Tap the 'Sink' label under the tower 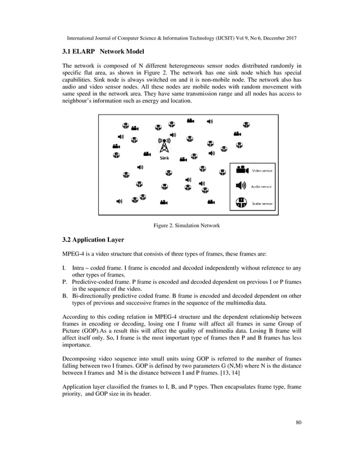coord(164,158)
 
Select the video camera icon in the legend coord(242,169)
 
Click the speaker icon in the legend coord(241,185)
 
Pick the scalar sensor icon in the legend coord(242,201)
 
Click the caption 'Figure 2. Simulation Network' coord(186,226)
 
